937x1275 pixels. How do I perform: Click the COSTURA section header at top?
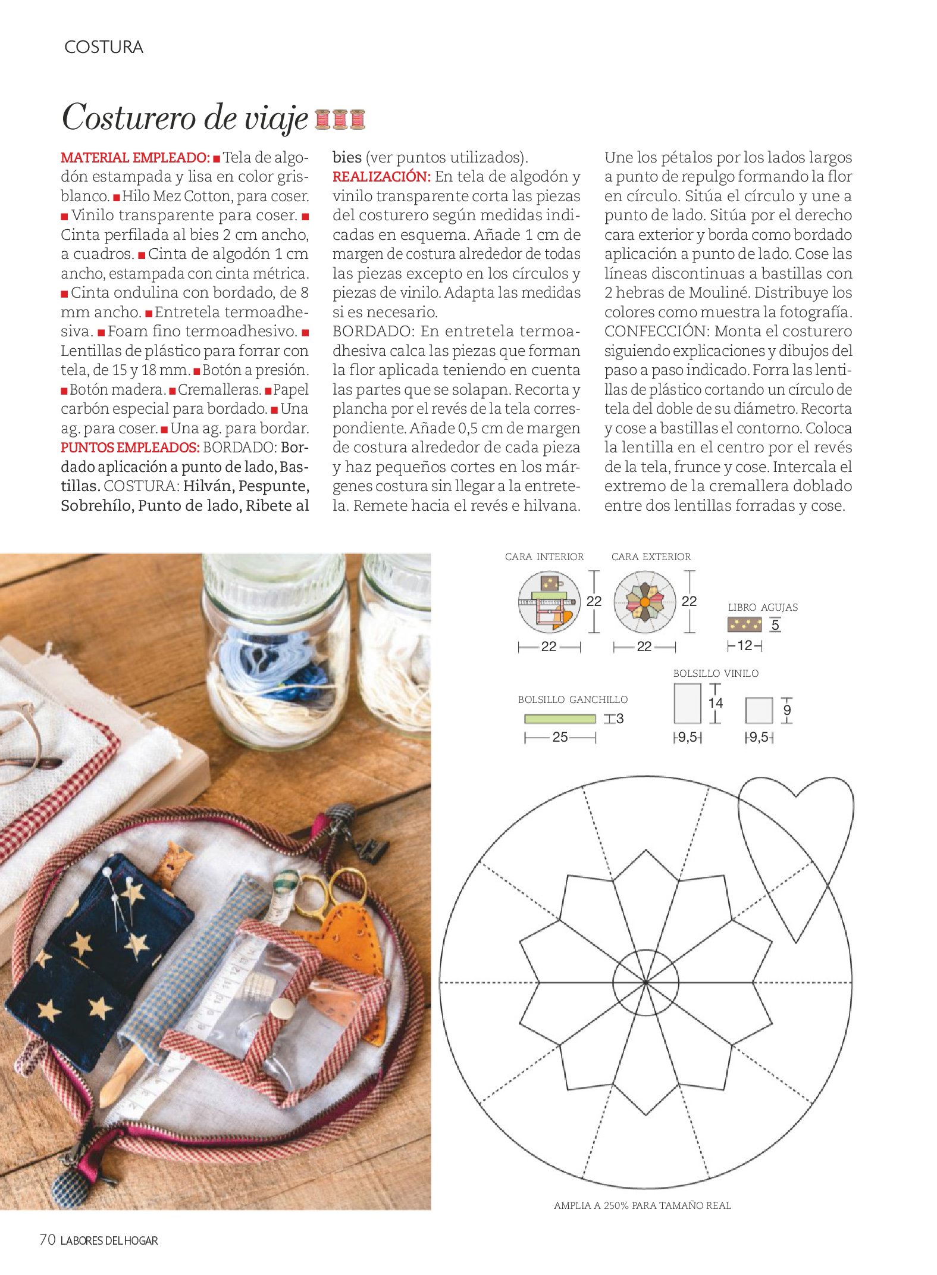coord(104,47)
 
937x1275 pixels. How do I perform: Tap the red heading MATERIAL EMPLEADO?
coord(135,158)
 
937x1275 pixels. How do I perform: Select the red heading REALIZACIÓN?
coord(381,177)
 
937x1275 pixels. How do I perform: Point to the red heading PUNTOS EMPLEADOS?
coord(130,448)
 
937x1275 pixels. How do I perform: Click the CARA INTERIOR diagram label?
coord(544,557)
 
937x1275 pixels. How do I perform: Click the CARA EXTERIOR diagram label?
coord(651,557)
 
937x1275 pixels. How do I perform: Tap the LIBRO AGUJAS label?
coord(763,608)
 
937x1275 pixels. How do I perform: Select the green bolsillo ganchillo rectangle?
coord(559,718)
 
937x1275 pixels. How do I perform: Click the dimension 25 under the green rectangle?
coord(560,737)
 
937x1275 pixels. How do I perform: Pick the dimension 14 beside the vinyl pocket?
coord(715,703)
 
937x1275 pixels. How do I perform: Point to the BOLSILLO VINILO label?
coord(716,674)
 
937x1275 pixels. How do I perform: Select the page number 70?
coord(48,1240)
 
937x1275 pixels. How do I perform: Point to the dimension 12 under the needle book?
coord(744,645)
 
